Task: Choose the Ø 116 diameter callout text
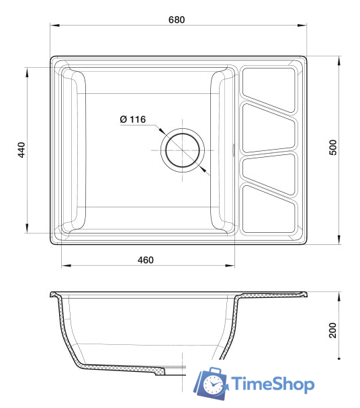pos(132,119)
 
